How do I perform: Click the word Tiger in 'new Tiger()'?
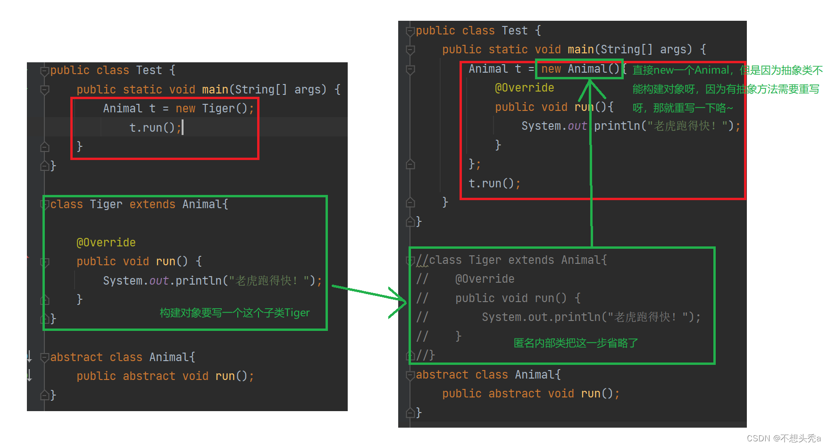(x=218, y=109)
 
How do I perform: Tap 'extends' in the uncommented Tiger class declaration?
(x=152, y=204)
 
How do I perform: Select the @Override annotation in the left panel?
(x=106, y=243)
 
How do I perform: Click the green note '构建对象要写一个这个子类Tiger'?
(x=234, y=313)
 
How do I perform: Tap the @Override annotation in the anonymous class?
(x=524, y=88)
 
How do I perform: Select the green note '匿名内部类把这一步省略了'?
(x=576, y=343)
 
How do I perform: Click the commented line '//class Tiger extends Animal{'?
(x=512, y=260)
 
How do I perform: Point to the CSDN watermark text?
(x=784, y=439)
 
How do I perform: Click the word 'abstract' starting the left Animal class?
(x=76, y=357)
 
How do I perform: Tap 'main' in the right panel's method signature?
(x=581, y=50)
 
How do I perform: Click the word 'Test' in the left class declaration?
(x=149, y=70)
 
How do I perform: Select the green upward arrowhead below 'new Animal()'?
(x=590, y=87)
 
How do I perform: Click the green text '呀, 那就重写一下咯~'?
(x=683, y=108)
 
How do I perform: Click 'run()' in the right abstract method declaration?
(x=596, y=394)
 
